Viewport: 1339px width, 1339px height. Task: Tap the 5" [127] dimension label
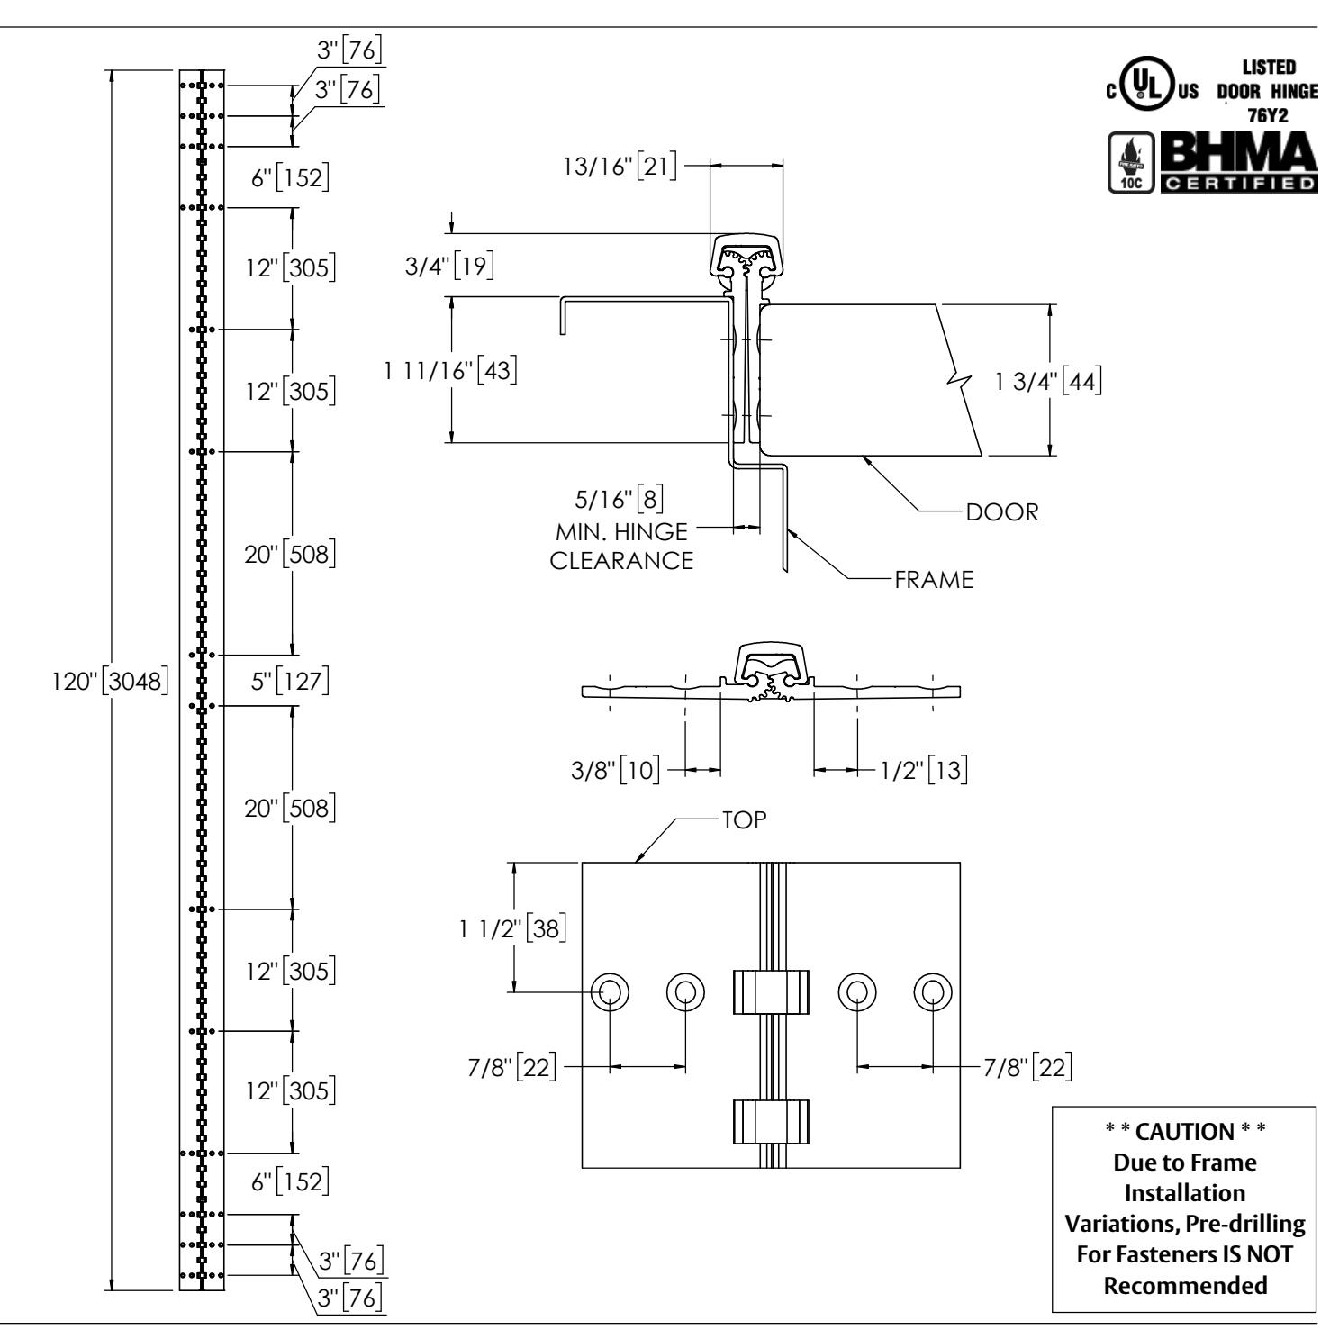point(290,680)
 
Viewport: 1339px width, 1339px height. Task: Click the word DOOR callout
point(1001,512)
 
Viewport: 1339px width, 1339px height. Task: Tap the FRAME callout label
point(934,580)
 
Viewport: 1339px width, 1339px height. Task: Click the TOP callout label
point(743,821)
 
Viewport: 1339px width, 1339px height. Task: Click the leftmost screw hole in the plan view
point(610,992)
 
